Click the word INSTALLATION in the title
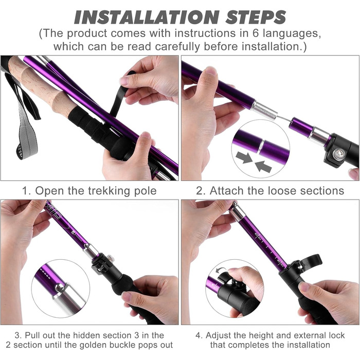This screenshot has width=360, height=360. [147, 17]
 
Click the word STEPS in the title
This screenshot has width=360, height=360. [256, 17]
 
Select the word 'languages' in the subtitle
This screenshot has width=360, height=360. [292, 34]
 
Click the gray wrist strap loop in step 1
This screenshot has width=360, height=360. [26, 135]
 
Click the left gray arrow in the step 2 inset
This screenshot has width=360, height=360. [244, 157]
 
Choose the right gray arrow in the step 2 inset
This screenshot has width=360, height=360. [263, 166]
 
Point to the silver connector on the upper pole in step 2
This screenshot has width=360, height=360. [264, 110]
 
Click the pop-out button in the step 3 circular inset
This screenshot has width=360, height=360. [59, 287]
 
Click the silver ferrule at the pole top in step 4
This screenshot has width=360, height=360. [238, 212]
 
